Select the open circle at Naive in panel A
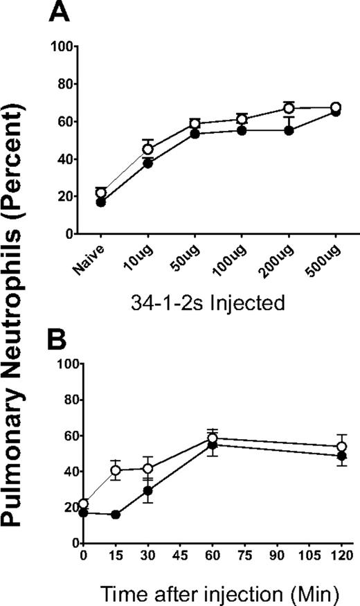(101, 193)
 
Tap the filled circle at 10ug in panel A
(147, 164)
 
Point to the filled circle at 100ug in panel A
(242, 130)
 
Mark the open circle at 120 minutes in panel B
(341, 447)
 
